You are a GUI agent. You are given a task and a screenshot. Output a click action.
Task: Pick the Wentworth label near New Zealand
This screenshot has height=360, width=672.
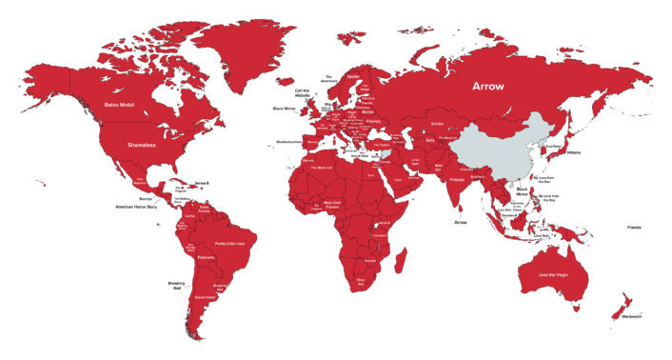click(630, 315)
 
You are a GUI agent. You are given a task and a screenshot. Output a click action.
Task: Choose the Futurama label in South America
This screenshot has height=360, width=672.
click(207, 257)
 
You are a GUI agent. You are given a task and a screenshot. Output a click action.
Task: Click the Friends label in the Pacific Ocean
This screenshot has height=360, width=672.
click(634, 228)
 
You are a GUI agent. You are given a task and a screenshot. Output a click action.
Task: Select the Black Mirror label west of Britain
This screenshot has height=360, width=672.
click(285, 109)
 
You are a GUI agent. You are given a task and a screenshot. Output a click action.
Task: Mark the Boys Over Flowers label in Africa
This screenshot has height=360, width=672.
click(332, 203)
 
